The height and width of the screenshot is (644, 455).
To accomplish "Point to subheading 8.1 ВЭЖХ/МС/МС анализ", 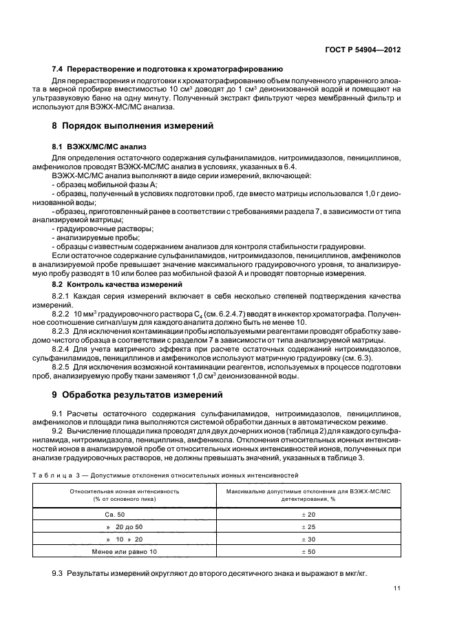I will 99,147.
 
